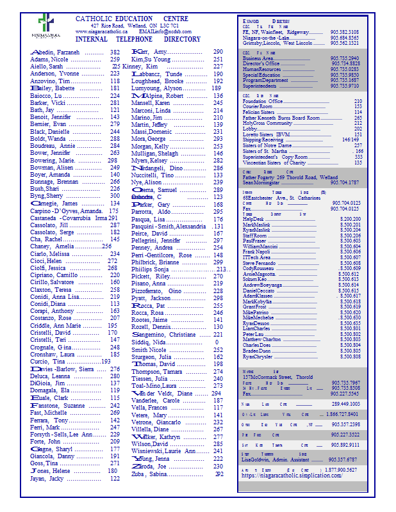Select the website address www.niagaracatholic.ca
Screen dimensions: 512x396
pyautogui.click(x=101, y=31)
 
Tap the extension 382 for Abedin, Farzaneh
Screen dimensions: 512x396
pyautogui.click(x=115, y=52)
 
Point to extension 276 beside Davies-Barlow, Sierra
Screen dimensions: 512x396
pyautogui.click(x=115, y=369)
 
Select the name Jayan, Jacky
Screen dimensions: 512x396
pyautogui.click(x=47, y=478)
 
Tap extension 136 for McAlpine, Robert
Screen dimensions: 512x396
pyautogui.click(x=219, y=95)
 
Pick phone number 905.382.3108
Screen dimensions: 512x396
pyautogui.click(x=344, y=32)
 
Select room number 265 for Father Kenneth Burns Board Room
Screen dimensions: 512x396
pyautogui.click(x=358, y=118)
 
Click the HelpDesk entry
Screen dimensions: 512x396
pyautogui.click(x=254, y=219)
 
